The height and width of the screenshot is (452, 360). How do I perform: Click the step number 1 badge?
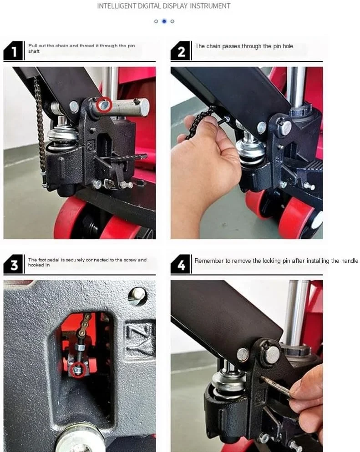[x=13, y=51]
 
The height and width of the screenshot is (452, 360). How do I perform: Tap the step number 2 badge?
[x=181, y=51]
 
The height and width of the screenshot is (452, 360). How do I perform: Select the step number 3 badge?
[x=13, y=264]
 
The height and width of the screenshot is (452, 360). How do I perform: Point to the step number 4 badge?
[x=181, y=264]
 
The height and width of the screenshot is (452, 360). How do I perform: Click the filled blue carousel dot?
[x=164, y=21]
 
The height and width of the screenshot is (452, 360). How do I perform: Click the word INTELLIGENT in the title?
[x=117, y=6]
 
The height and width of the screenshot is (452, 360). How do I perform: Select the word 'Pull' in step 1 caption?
[x=33, y=46]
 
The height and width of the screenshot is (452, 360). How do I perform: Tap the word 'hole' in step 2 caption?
[x=288, y=46]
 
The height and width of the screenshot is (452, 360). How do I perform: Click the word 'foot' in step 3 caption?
[x=42, y=260]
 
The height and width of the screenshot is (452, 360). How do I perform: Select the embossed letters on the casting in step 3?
[x=139, y=338]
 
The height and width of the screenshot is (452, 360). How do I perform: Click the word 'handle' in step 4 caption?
[x=350, y=261]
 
